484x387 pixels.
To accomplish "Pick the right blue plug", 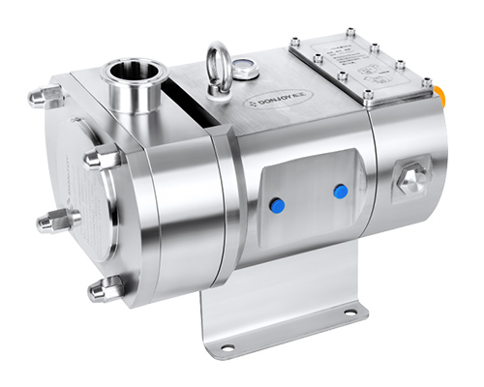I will (340, 192).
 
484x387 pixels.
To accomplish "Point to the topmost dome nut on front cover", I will (45, 95).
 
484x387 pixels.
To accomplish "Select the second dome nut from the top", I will (101, 158).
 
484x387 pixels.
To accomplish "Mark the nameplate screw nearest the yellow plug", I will (427, 82).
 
